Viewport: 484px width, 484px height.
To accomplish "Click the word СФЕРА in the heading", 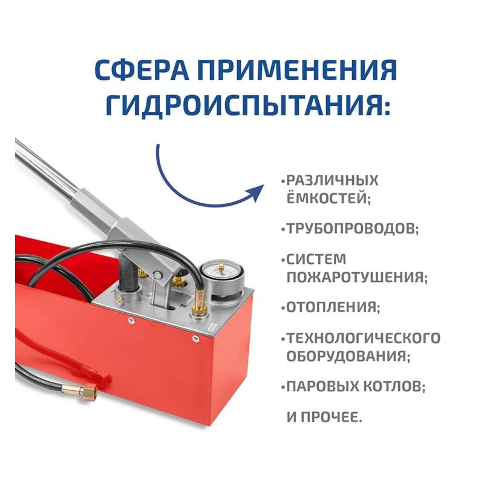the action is [x=142, y=70].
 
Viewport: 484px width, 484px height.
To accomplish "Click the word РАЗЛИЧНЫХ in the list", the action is [x=332, y=180].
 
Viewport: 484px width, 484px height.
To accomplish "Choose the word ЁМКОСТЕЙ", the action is [x=329, y=198].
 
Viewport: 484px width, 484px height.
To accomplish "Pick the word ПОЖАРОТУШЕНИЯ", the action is [x=357, y=277].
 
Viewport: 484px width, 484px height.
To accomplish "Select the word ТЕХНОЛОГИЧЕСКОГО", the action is [x=364, y=338].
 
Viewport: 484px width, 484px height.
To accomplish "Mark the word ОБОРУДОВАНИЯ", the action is [x=348, y=356].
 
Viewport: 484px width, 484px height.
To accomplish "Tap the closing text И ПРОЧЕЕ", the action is [x=324, y=417].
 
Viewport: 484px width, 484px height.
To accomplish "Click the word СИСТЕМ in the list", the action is [x=316, y=260].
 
